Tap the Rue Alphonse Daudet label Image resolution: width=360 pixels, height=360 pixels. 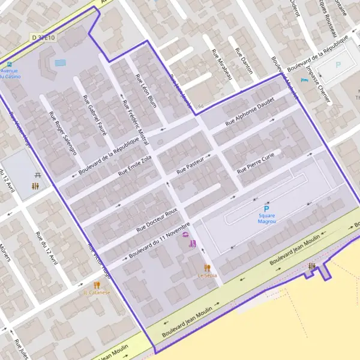pyautogui.click(x=249, y=112)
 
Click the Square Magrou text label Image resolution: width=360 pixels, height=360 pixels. pyautogui.click(x=267, y=218)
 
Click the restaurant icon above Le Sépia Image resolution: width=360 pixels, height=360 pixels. pyautogui.click(x=208, y=267)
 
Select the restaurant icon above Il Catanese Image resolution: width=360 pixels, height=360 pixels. pyautogui.click(x=97, y=284)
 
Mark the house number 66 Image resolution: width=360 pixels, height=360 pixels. pyautogui.click(x=200, y=106)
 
